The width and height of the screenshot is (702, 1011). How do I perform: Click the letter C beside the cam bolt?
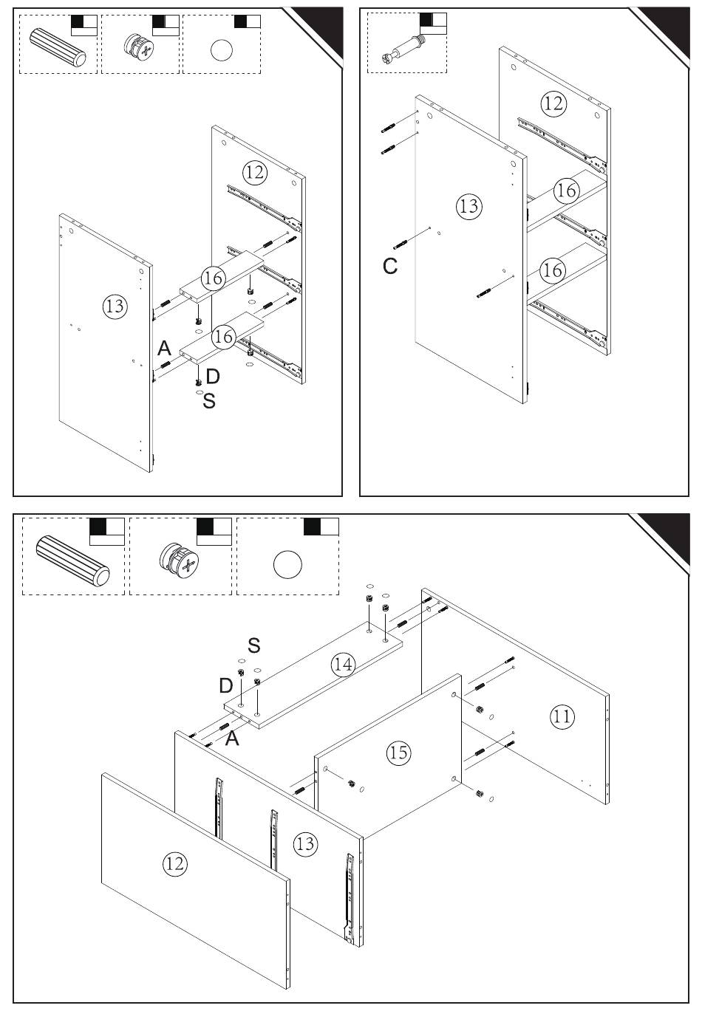point(390,266)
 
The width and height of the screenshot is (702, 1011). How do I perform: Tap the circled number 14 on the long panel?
point(344,664)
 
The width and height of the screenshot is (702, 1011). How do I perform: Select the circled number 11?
point(562,716)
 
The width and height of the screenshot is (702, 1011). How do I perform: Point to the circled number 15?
point(399,753)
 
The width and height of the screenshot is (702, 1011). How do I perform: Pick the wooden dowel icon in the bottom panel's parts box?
point(72,561)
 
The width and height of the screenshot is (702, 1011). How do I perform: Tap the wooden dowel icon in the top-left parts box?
point(58,47)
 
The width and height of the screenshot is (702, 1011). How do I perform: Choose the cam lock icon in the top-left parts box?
point(139,48)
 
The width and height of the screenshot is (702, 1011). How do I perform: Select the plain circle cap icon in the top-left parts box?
point(222,50)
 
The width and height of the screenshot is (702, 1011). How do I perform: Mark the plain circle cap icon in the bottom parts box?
point(287,564)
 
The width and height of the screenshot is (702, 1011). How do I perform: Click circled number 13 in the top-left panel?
point(115,306)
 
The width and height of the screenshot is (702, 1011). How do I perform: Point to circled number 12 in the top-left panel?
point(255,172)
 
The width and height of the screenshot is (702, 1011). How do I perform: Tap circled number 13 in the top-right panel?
point(469,206)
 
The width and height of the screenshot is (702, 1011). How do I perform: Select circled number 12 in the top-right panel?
point(553,104)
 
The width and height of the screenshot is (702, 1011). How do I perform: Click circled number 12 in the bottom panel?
point(175,864)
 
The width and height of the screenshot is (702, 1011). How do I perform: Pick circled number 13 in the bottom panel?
point(305,843)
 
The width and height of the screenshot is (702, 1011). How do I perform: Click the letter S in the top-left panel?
point(208,401)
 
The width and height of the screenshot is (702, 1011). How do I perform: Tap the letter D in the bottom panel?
point(226,686)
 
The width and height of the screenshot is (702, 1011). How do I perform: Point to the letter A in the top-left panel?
point(165,348)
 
